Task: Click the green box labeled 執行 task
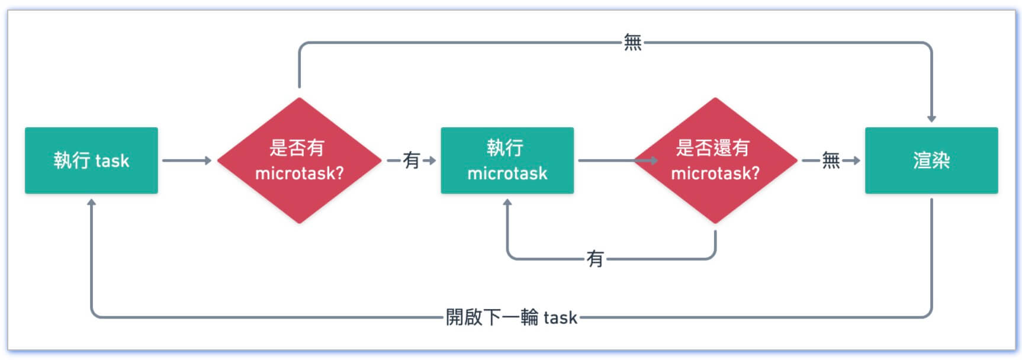tap(91, 160)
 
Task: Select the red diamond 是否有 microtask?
tap(299, 160)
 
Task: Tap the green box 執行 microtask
tap(507, 160)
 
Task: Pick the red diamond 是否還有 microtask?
tap(715, 160)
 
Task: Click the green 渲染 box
tap(931, 160)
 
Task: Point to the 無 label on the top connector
tap(632, 43)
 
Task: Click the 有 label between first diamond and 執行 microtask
tap(411, 160)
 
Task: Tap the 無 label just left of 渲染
tap(830, 160)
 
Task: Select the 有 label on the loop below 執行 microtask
tap(594, 259)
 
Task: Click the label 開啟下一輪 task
tap(511, 317)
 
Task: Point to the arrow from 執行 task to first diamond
tap(187, 160)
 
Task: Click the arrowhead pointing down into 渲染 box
tap(931, 118)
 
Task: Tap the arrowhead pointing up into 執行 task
tap(91, 202)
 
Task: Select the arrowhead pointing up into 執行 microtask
tap(507, 202)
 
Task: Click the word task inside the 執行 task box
tap(112, 161)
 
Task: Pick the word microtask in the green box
tap(507, 173)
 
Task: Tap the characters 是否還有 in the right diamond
tap(712, 147)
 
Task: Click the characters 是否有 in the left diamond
tap(297, 147)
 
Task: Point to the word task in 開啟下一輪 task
tap(560, 318)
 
